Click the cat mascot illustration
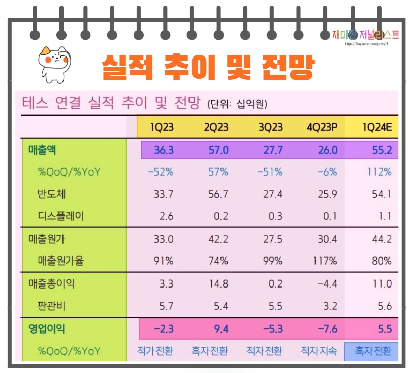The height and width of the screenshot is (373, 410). (54, 64)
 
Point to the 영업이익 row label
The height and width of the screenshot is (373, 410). (47, 329)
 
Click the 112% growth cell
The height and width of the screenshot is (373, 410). (380, 171)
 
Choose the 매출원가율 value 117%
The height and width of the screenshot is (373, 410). (325, 261)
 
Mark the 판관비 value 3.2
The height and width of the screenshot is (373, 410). (329, 306)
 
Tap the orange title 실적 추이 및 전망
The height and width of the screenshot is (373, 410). (208, 66)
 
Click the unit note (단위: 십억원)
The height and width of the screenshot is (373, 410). (237, 104)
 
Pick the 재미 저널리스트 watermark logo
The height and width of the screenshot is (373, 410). (365, 35)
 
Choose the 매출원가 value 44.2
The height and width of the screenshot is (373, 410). (381, 239)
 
